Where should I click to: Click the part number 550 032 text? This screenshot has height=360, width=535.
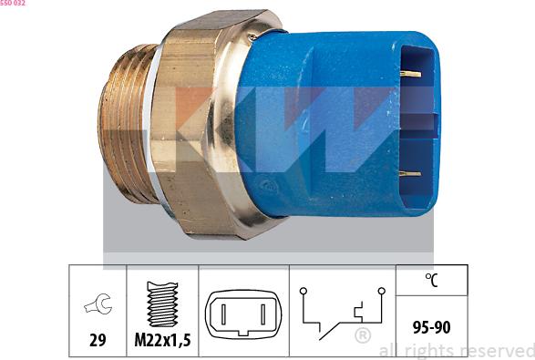[13, 3]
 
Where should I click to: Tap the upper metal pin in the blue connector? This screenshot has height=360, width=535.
[410, 74]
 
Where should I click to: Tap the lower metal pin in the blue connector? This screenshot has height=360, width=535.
[410, 174]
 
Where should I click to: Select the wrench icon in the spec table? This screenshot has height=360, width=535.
[98, 303]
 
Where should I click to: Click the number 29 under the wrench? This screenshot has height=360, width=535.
[98, 340]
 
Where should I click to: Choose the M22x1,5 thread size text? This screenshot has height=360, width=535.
[162, 340]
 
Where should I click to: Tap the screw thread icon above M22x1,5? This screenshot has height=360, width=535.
[162, 303]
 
